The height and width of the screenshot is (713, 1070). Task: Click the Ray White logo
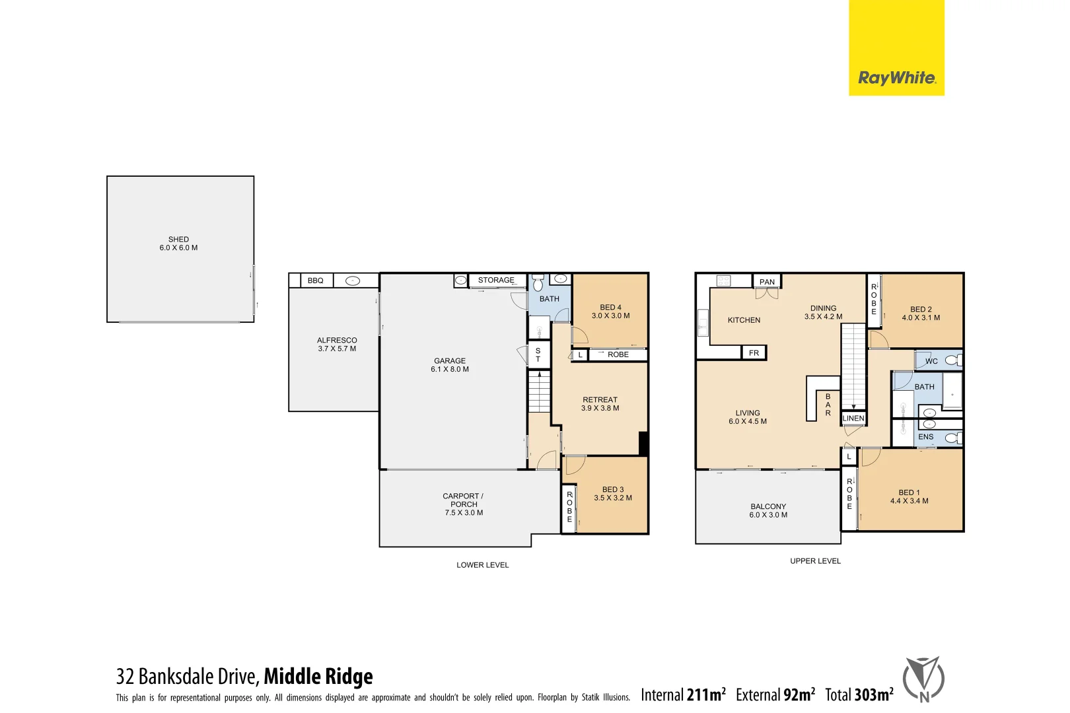pyautogui.click(x=896, y=78)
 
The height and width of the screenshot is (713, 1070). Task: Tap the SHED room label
pyautogui.click(x=178, y=244)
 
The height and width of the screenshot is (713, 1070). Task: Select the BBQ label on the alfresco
pyautogui.click(x=316, y=281)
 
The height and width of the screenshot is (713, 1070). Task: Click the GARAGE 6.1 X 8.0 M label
pyautogui.click(x=450, y=365)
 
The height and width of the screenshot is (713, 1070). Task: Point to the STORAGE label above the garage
pyautogui.click(x=496, y=280)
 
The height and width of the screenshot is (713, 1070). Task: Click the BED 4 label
pyautogui.click(x=610, y=312)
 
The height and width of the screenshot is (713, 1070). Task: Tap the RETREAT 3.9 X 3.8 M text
pyautogui.click(x=600, y=404)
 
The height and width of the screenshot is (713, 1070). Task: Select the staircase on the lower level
pyautogui.click(x=539, y=391)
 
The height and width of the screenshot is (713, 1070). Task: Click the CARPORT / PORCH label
pyautogui.click(x=463, y=504)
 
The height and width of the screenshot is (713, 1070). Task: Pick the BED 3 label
pyautogui.click(x=612, y=494)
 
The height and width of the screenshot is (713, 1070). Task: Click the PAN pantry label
pyautogui.click(x=767, y=282)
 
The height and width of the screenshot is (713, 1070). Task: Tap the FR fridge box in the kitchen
pyautogui.click(x=754, y=353)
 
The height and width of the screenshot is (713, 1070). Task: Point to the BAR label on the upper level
pyautogui.click(x=828, y=405)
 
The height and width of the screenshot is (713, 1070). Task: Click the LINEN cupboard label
pyautogui.click(x=853, y=419)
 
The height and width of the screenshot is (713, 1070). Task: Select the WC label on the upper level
pyautogui.click(x=931, y=361)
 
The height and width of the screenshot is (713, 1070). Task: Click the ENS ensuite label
pyautogui.click(x=926, y=437)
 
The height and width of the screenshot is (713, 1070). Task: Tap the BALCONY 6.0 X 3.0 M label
pyautogui.click(x=768, y=510)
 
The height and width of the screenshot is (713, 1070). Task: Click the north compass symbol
pyautogui.click(x=923, y=679)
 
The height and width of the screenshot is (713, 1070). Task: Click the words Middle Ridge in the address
pyautogui.click(x=318, y=677)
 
